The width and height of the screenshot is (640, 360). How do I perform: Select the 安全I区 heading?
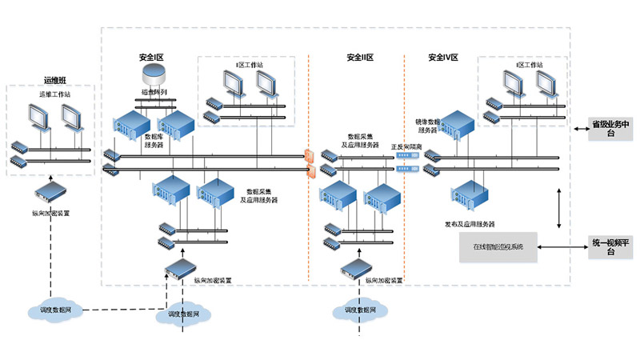click(152, 58)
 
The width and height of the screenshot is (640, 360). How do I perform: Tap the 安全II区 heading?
click(360, 58)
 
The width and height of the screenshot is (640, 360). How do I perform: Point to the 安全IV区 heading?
click(442, 58)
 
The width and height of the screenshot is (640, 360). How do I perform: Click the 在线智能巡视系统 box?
click(498, 247)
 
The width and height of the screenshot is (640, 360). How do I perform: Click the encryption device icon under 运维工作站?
click(50, 192)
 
